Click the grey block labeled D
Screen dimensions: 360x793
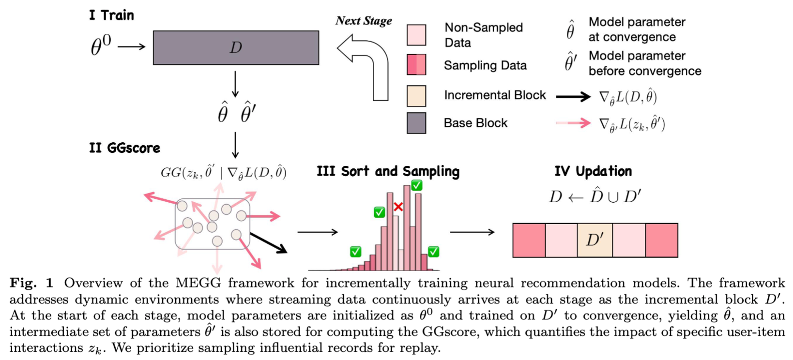click(236, 47)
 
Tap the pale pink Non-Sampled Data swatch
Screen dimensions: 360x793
click(416, 35)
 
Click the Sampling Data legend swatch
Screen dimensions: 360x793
click(416, 65)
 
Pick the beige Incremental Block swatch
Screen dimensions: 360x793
click(416, 95)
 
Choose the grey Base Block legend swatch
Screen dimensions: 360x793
click(416, 123)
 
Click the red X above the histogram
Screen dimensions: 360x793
click(398, 207)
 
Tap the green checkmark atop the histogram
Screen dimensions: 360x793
click(416, 185)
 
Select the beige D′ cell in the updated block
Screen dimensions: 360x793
click(595, 240)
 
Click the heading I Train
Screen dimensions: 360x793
click(111, 15)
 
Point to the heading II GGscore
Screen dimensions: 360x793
click(124, 148)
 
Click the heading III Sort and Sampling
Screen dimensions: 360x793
click(388, 171)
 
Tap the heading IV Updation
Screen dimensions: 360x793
click(593, 171)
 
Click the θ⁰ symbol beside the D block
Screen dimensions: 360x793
click(101, 46)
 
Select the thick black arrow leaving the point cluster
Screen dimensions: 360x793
click(269, 242)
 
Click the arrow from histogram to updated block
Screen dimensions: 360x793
click(472, 232)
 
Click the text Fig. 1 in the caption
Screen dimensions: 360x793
click(31, 283)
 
